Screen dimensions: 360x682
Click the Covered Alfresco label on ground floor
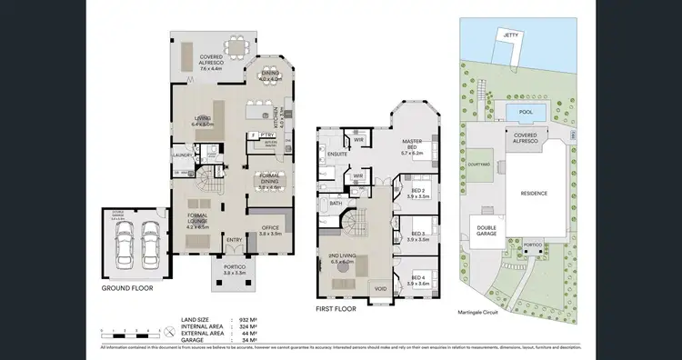click(x=213, y=63)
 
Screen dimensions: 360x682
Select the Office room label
click(x=269, y=231)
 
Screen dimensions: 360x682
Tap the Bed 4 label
click(x=418, y=281)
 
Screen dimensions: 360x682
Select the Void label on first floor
click(x=381, y=289)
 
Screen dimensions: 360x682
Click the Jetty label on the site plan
click(x=511, y=34)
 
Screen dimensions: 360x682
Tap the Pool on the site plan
click(x=524, y=111)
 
